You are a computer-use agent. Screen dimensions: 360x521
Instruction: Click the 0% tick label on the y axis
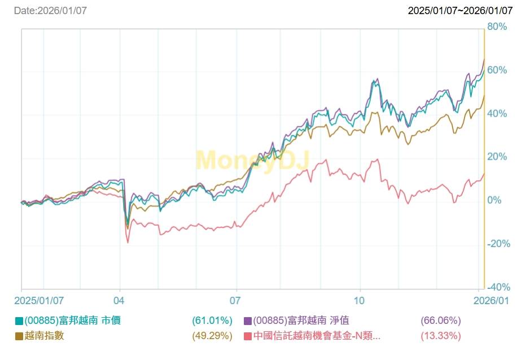[494, 200]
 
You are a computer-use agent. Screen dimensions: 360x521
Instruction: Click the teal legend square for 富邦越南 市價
[19, 321]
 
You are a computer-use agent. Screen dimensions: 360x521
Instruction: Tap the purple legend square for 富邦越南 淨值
[247, 321]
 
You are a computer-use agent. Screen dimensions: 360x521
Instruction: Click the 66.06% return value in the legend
[441, 321]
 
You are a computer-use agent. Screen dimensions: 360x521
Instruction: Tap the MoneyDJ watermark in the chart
[252, 160]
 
